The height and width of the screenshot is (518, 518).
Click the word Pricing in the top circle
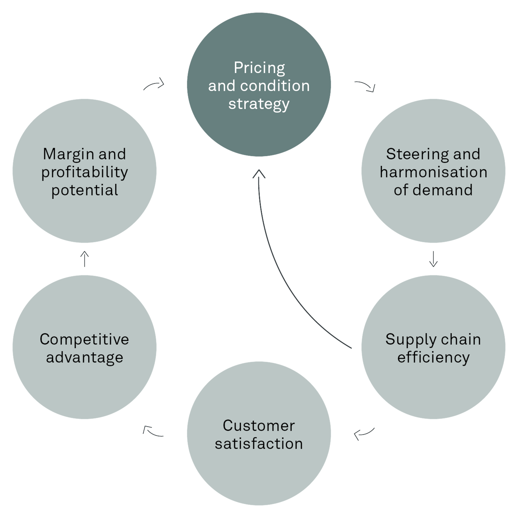pyautogui.click(x=259, y=68)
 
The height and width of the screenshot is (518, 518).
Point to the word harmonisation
pyautogui.click(x=433, y=172)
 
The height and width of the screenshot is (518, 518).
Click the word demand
pyautogui.click(x=442, y=190)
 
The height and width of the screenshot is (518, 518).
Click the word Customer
pyautogui.click(x=259, y=426)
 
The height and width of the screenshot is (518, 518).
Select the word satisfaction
pyautogui.click(x=259, y=444)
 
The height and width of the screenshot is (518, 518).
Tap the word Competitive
pyautogui.click(x=84, y=339)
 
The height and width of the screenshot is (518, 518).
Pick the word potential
pyautogui.click(x=84, y=190)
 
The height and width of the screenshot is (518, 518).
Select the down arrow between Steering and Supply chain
pyautogui.click(x=433, y=259)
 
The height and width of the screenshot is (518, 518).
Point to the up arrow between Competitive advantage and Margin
pyautogui.click(x=85, y=259)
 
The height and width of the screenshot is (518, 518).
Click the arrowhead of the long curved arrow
pyautogui.click(x=259, y=174)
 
